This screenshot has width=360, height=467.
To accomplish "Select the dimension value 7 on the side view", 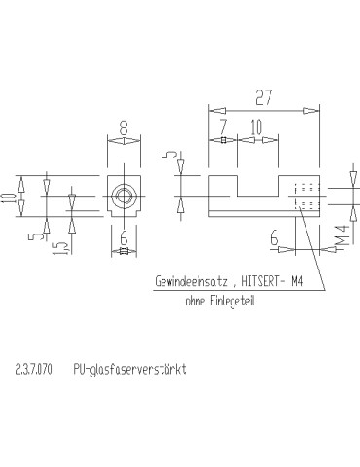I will pyautogui.click(x=223, y=127).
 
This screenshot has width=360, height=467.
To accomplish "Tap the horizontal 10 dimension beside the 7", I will pyautogui.click(x=255, y=127).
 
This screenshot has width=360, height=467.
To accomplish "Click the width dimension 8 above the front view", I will pyautogui.click(x=124, y=127).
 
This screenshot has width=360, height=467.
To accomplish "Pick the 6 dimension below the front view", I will pyautogui.click(x=124, y=238).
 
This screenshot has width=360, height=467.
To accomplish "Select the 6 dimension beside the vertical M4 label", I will pyautogui.click(x=276, y=235).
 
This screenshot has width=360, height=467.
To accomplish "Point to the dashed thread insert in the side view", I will pyautogui.click(x=306, y=196).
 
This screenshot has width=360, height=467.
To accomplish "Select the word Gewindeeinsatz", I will pyautogui.click(x=191, y=283).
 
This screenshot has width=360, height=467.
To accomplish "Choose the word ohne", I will pyautogui.click(x=198, y=301).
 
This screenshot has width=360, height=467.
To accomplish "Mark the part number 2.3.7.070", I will pyautogui.click(x=35, y=370).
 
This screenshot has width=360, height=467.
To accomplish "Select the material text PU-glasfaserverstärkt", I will pyautogui.click(x=129, y=370).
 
